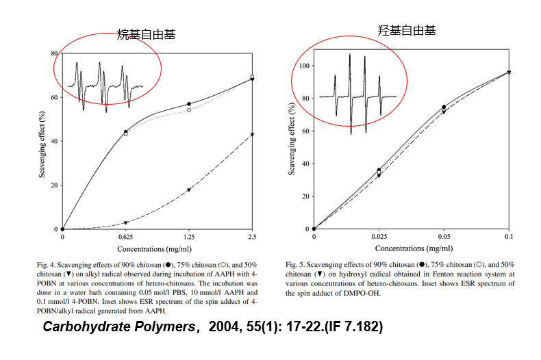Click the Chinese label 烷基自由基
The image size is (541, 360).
tap(146, 34)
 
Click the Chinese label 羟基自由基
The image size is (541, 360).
tap(407, 30)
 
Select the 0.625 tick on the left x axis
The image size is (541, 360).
tap(125, 237)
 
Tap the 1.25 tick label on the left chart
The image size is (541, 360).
tap(188, 237)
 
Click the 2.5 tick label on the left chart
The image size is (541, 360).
tap(252, 237)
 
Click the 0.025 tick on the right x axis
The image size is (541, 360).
tap(379, 237)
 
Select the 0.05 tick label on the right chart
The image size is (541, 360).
tap(444, 237)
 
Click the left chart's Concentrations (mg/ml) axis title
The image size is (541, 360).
tap(157, 248)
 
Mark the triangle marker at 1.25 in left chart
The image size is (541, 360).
tap(188, 190)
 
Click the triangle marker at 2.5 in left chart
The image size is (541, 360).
tap(252, 134)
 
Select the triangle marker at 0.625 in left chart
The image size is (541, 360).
tap(125, 222)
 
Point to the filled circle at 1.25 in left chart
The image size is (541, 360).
tap(188, 104)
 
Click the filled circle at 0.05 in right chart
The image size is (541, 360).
tap(444, 107)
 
